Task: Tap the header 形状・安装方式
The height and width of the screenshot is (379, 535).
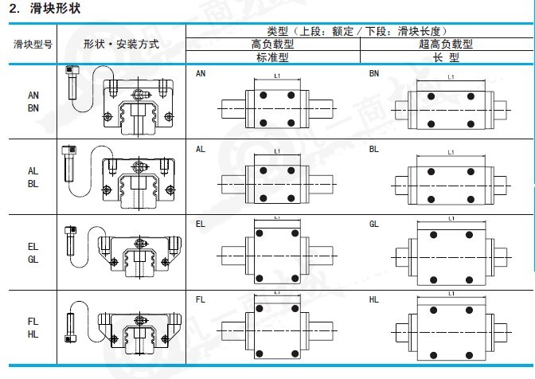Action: pyautogui.click(x=121, y=45)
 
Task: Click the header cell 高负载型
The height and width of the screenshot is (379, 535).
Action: pyautogui.click(x=272, y=45)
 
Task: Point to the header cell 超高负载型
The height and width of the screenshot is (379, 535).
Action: pyautogui.click(x=446, y=45)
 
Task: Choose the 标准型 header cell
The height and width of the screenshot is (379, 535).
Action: pyautogui.click(x=272, y=57)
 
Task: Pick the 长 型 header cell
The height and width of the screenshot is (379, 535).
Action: pyautogui.click(x=446, y=57)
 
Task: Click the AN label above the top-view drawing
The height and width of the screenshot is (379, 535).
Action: pyautogui.click(x=201, y=73)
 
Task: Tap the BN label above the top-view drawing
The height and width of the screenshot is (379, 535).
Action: pyautogui.click(x=374, y=73)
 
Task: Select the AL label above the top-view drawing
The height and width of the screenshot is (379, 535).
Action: pyautogui.click(x=201, y=148)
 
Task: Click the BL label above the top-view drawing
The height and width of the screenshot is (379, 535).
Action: pyautogui.click(x=374, y=148)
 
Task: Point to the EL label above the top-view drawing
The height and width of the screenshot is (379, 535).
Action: pyautogui.click(x=201, y=224)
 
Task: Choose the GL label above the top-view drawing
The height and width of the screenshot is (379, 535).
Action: pyautogui.click(x=374, y=224)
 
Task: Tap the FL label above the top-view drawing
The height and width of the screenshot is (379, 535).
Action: pyautogui.click(x=201, y=299)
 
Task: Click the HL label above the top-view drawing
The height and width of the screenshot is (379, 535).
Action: pyautogui.click(x=374, y=299)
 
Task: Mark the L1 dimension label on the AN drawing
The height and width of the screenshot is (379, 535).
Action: pyautogui.click(x=276, y=76)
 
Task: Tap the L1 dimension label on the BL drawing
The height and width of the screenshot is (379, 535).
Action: pyautogui.click(x=451, y=151)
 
